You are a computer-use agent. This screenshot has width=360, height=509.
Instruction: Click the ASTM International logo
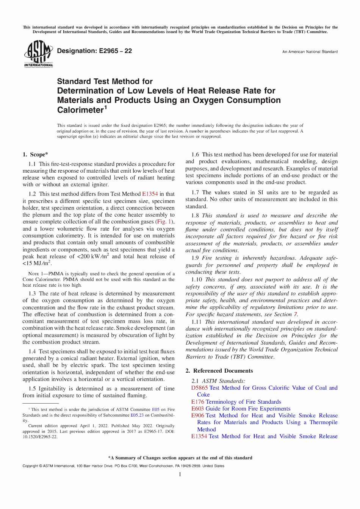pos(38,54)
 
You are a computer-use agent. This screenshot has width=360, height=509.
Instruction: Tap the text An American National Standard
pos(310,52)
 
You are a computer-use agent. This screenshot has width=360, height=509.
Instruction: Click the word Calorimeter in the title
pos(80,110)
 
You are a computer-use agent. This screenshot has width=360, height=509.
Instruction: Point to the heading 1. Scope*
pos(35,155)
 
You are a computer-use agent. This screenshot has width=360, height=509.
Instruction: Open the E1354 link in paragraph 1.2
pos(150,194)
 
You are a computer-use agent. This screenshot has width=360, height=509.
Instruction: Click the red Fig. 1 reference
pos(164,222)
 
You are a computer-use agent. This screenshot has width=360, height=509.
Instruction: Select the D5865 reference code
pos(199,388)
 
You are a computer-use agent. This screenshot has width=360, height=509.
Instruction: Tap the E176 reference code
pos(197,402)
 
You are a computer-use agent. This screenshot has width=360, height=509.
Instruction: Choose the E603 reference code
pos(197,409)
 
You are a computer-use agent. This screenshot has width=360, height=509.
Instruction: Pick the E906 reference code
pos(197,415)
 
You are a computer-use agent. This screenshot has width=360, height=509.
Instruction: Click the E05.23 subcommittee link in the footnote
pos(137,415)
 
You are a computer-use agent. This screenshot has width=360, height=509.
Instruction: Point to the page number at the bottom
pos(180,475)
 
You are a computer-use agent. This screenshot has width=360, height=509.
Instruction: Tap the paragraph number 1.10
pos(196,279)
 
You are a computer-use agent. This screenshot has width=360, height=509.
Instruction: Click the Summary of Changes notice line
pos(180,458)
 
